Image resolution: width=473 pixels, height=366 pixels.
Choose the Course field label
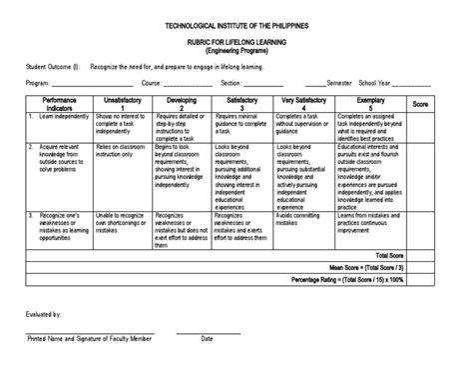[x=153, y=83]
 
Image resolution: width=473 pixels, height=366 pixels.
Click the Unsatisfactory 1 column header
[x=124, y=105]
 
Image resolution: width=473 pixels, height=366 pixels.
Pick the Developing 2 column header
[x=184, y=105]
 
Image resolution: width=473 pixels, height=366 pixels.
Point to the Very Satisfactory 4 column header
[x=301, y=105]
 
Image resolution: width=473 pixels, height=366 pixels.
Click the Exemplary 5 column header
[x=369, y=105]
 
